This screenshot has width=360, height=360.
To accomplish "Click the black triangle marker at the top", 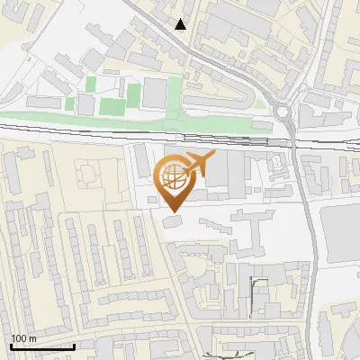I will coord(181,24).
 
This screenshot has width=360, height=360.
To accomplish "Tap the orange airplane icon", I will coord(200,166).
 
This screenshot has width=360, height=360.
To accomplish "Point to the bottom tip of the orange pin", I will coord(173,212).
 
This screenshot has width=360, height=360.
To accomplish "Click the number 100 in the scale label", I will coord(20,338).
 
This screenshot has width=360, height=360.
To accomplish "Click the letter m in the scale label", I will coord(32,338).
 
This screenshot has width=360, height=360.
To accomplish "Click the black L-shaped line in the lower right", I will coord(256,292).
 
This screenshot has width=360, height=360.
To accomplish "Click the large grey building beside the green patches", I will coord(155,92).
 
